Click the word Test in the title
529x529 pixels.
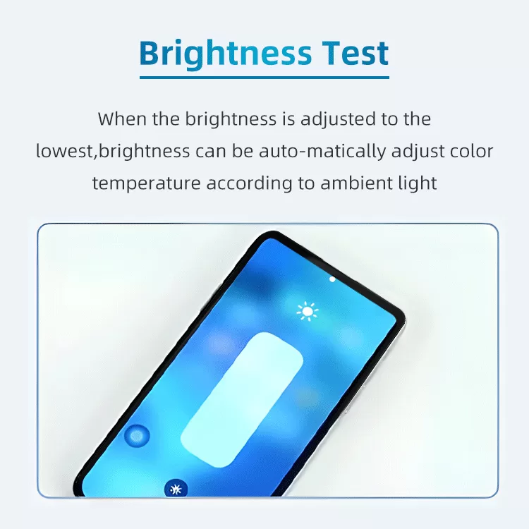tap(355, 53)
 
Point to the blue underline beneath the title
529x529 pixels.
tap(264, 78)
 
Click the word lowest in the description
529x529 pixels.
tap(64, 151)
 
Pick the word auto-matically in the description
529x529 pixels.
tap(322, 151)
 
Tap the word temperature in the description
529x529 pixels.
tap(147, 183)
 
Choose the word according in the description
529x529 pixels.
tap(249, 184)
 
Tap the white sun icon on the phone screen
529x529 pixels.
tap(308, 311)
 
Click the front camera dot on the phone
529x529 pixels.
tap(332, 279)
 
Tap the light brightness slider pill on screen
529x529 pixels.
tap(241, 399)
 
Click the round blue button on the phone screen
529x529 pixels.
tap(137, 436)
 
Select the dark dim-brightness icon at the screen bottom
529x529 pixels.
tap(176, 489)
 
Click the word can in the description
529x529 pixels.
tap(210, 152)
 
